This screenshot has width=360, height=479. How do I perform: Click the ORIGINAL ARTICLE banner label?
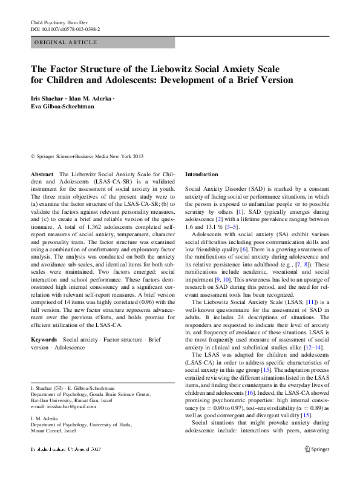pos(65,42)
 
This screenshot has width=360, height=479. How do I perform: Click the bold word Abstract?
pos(42,174)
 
